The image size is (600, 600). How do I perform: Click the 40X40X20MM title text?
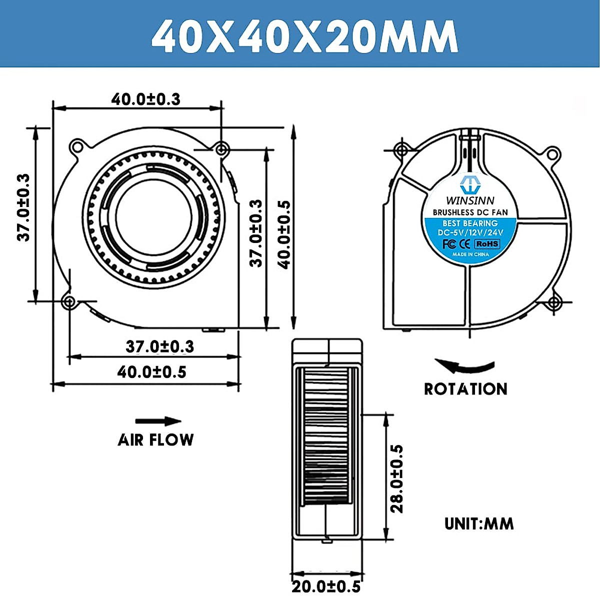click(304, 36)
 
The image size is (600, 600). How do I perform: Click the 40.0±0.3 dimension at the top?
click(145, 99)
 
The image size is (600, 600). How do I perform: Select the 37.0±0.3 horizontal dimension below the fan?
click(159, 346)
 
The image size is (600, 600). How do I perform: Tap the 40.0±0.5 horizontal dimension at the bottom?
click(151, 372)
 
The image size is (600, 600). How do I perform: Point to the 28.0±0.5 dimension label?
click(396, 478)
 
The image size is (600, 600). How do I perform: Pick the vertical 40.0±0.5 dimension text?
click(284, 234)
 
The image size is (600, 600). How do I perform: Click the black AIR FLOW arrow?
click(158, 421)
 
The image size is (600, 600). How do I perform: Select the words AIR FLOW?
click(155, 440)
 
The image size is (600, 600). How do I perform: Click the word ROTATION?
click(465, 389)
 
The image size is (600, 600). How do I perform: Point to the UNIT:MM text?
click(479, 523)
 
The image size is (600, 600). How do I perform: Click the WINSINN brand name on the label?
click(470, 201)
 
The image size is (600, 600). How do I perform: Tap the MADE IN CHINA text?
click(470, 254)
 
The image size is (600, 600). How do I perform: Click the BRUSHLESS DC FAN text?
click(470, 212)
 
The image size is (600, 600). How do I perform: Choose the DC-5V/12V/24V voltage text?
click(470, 232)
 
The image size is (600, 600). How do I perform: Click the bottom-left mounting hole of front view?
click(69, 301)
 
